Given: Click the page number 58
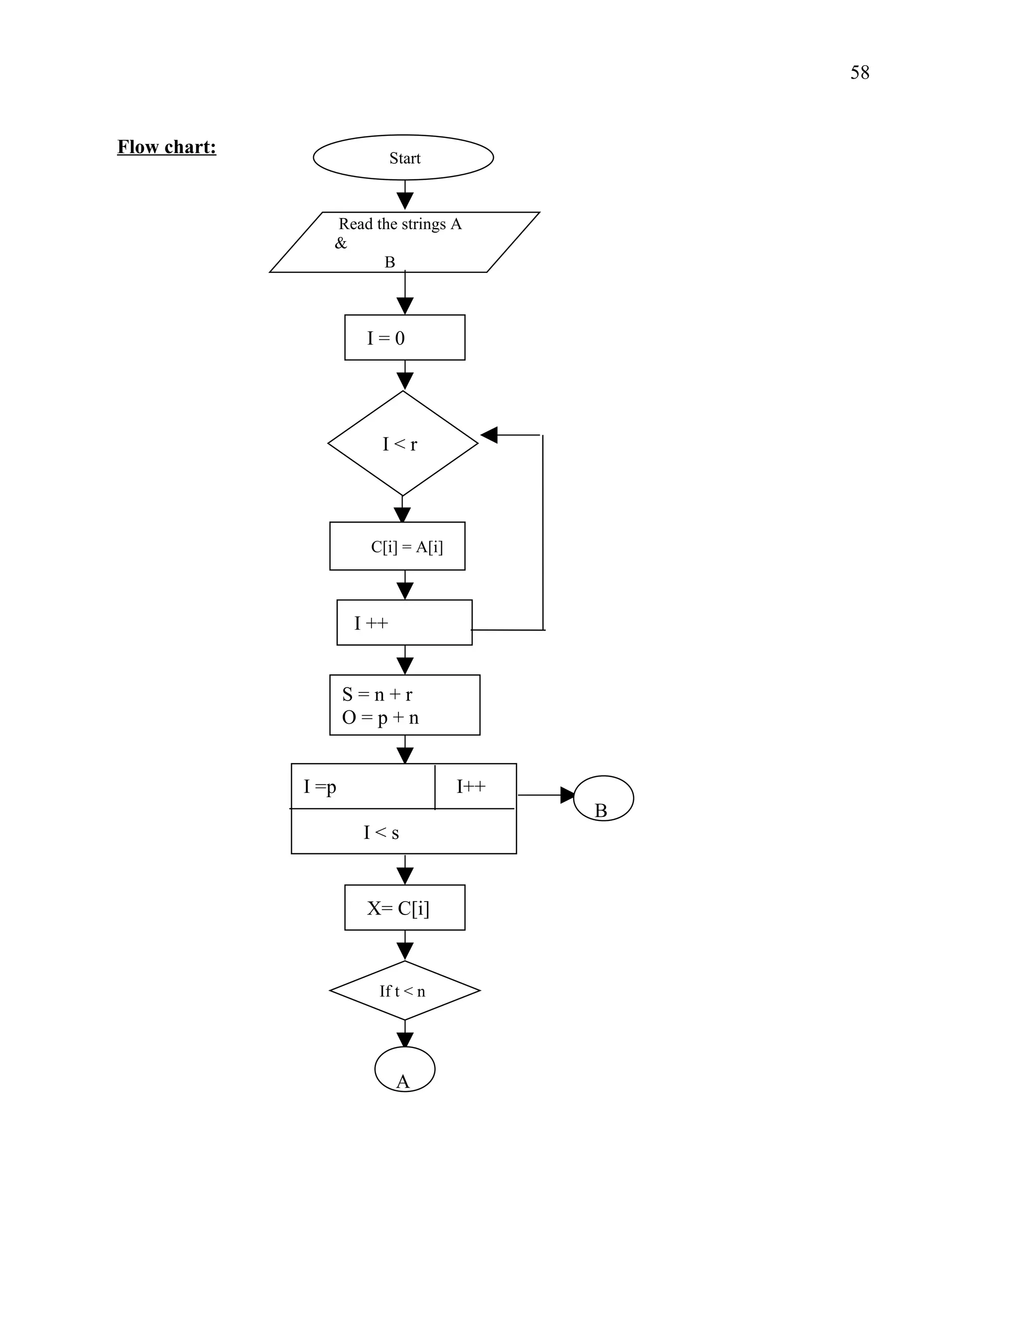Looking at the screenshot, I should [859, 73].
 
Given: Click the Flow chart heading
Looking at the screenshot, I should [166, 147].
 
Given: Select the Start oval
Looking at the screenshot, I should [403, 157].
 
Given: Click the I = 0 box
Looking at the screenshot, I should [404, 337].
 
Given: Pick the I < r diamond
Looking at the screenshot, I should [402, 444].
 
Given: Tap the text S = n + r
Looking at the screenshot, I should [377, 694].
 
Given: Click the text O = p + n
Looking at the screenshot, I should [380, 717].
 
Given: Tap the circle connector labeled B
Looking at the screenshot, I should [603, 798].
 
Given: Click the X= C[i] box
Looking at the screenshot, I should [404, 907].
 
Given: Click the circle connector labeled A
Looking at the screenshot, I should [404, 1069].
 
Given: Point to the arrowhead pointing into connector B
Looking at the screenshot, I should [567, 795].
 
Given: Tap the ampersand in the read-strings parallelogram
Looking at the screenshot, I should [341, 243].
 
